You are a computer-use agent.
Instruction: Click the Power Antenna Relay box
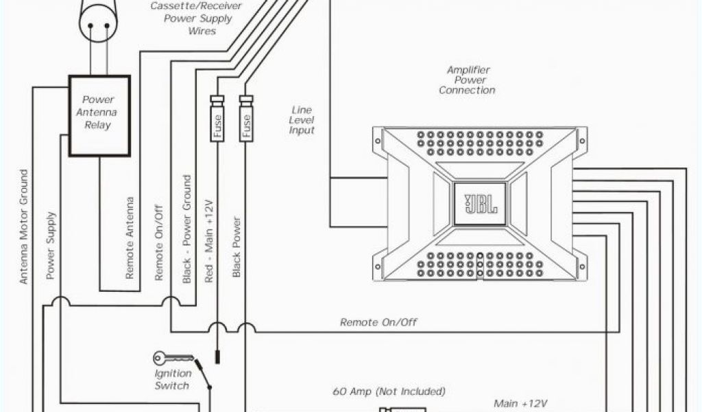99,115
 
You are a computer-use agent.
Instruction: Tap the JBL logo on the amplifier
478,205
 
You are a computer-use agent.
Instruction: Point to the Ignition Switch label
171,380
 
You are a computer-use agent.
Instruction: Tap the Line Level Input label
302,120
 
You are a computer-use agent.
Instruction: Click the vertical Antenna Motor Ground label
24,227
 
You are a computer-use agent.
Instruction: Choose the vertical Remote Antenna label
130,237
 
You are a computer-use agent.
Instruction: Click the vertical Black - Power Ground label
186,229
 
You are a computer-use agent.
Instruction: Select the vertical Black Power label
237,247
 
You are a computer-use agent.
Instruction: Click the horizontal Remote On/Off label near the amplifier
378,322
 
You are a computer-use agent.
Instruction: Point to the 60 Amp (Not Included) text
389,391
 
